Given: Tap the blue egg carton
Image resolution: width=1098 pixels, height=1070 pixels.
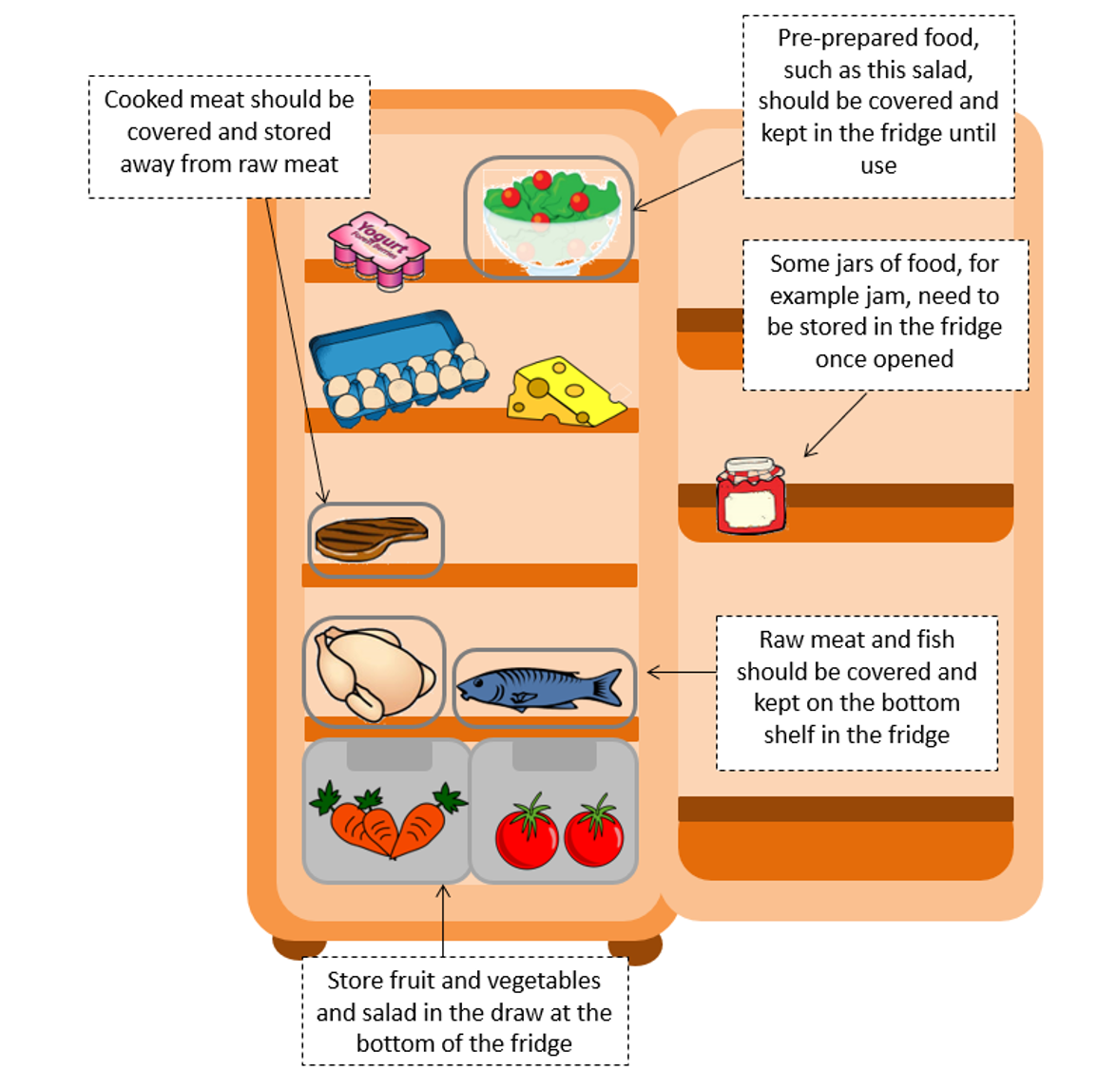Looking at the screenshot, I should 395,366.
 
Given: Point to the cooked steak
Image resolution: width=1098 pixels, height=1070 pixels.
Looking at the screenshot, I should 371,539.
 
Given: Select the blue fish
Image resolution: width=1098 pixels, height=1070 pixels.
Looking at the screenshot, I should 539,687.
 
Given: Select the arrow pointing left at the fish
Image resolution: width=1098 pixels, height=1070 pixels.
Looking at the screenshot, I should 681,673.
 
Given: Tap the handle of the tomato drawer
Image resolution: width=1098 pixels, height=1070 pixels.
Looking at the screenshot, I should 554,756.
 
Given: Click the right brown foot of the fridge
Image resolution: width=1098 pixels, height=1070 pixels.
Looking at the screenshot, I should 635,949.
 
